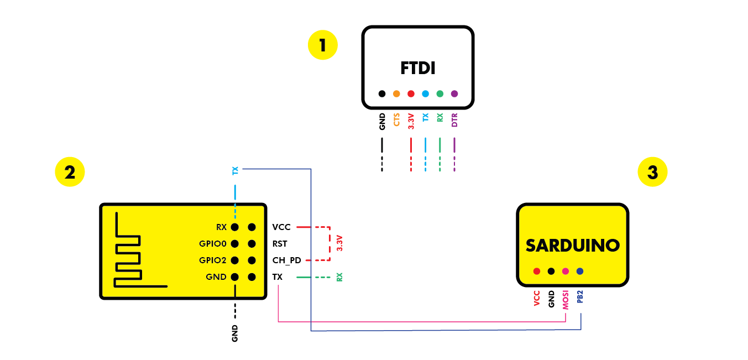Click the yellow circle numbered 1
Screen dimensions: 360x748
(x=322, y=45)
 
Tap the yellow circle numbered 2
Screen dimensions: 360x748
(x=70, y=172)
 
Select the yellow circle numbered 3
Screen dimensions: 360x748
(x=652, y=172)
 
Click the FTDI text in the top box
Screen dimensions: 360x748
(x=417, y=69)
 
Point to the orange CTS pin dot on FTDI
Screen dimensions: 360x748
(x=396, y=94)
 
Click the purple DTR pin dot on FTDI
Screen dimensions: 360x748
(x=454, y=94)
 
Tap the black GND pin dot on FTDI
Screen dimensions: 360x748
(x=382, y=94)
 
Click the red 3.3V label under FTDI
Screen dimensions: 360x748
(x=411, y=122)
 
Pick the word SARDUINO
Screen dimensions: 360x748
(x=572, y=246)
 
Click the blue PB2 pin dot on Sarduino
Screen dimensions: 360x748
(x=579, y=271)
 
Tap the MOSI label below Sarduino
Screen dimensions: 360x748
(x=566, y=299)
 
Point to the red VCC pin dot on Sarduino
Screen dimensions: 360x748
(x=536, y=271)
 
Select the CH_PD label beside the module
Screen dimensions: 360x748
(x=286, y=260)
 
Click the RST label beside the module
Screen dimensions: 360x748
(x=280, y=243)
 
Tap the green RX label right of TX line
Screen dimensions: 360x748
(x=339, y=277)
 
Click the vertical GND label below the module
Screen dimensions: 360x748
(x=235, y=333)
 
